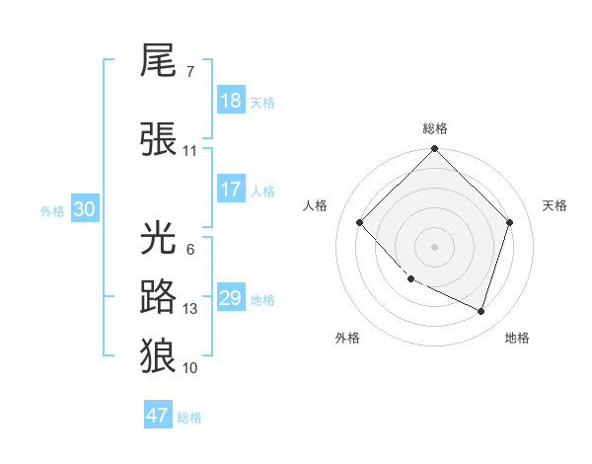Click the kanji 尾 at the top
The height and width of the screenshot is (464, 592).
(159, 62)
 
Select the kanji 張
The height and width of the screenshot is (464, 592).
(159, 139)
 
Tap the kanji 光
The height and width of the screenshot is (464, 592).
(159, 240)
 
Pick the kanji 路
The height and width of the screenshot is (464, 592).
(159, 296)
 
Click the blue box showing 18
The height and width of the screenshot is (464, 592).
(230, 101)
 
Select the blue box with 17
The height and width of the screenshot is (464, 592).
(230, 190)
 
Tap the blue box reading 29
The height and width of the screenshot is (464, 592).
(230, 298)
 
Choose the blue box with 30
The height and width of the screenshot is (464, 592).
(84, 209)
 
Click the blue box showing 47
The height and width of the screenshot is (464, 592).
(158, 416)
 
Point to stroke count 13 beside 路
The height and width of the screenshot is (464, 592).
(190, 309)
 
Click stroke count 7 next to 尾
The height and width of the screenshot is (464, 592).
(189, 72)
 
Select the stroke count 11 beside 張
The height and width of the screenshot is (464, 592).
(190, 151)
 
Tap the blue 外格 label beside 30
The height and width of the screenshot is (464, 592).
(52, 210)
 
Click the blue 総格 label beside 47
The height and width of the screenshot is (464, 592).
(189, 418)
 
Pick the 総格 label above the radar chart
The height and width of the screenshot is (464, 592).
(435, 128)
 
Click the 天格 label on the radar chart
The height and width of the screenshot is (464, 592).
(555, 205)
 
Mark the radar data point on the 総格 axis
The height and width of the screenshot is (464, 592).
(435, 149)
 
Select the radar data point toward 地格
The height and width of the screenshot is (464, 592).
(481, 312)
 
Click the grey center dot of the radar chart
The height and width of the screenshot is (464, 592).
(435, 247)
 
